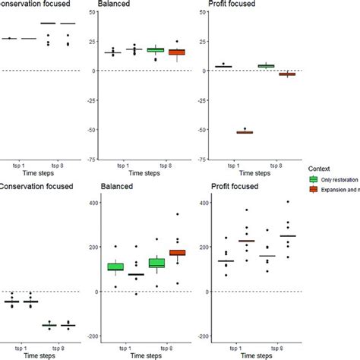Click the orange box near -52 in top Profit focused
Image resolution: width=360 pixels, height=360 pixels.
pyautogui.click(x=245, y=132)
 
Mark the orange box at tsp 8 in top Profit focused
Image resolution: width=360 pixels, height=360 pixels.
pyautogui.click(x=287, y=74)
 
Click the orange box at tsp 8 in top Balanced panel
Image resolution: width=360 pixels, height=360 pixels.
pyautogui.click(x=176, y=52)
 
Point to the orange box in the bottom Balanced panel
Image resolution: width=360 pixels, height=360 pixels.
pyautogui.click(x=176, y=252)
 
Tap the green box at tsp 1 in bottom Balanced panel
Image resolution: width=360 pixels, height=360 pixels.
pyautogui.click(x=115, y=267)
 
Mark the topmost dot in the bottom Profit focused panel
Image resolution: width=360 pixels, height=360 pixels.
pyautogui.click(x=288, y=202)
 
